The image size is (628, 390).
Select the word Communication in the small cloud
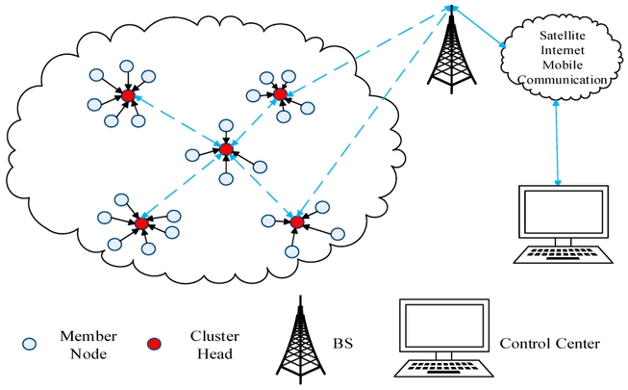click(563, 79)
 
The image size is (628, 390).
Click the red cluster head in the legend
click(154, 344)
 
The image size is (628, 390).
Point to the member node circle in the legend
click(29, 344)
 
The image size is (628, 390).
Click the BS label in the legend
click(342, 344)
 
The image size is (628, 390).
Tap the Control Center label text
click(550, 344)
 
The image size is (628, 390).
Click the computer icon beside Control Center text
click(444, 338)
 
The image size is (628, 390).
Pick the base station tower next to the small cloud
click(451, 50)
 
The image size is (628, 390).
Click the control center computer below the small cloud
click(564, 224)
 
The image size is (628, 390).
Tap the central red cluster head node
click(226, 149)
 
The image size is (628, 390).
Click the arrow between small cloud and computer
click(557, 143)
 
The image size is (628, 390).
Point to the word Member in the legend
click(88, 336)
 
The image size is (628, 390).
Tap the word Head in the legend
click(215, 354)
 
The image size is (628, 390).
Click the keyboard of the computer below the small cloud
click(564, 255)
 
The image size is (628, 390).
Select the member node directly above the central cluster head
click(226, 125)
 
